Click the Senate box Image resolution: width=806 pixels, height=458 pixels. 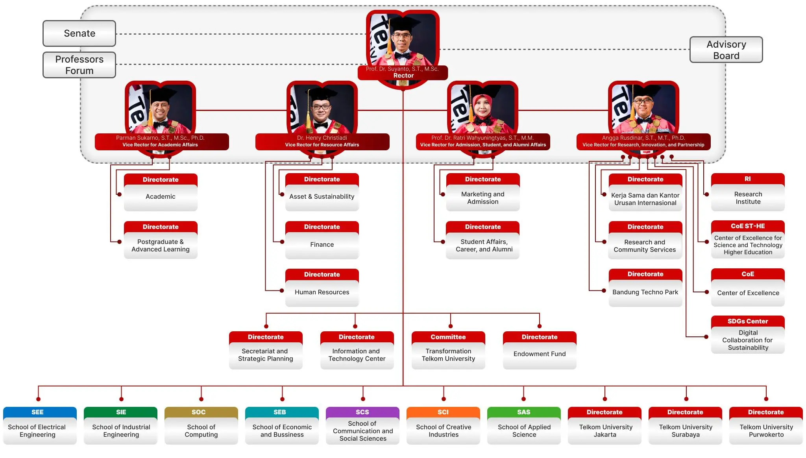pos(79,33)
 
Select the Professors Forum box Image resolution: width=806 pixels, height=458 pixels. pos(79,65)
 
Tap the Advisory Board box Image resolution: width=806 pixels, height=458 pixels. pos(726,50)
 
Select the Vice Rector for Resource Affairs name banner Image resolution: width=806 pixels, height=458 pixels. pos(322,142)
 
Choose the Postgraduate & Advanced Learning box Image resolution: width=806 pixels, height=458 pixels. pos(161,240)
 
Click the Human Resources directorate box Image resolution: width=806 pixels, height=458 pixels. pos(322,288)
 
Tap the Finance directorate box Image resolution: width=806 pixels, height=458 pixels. pos(322,240)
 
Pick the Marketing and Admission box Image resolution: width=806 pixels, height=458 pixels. pos(483,192)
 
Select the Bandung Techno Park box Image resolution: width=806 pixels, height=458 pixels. pos(645,288)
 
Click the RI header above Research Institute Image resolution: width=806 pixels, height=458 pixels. pos(748,179)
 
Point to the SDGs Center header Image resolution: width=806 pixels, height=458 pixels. pos(748,321)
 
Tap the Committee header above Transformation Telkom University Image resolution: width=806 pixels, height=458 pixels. pos(448,337)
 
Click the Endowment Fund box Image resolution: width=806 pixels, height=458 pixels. pos(540,350)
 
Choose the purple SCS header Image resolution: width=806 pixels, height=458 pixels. pos(362,412)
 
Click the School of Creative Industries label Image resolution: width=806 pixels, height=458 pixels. pos(444,431)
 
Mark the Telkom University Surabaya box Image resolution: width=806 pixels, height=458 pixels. pos(685,426)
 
